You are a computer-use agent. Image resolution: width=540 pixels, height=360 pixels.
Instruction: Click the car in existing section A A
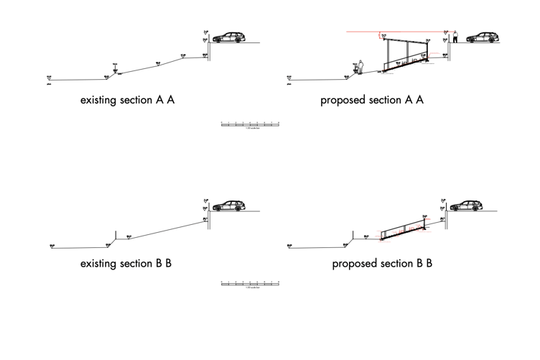[x=228, y=37]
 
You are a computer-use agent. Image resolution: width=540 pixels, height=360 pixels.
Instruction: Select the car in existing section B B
[x=228, y=206]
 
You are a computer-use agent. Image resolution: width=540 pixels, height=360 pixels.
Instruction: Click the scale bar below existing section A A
[x=250, y=124]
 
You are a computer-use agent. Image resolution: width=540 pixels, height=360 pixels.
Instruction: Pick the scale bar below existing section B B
[x=250, y=284]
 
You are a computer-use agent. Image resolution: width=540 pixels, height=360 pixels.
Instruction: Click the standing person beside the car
[x=455, y=36]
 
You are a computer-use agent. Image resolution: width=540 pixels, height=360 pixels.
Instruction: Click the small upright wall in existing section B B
[x=116, y=236]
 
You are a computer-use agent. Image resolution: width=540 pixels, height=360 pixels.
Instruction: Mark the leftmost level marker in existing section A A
[x=49, y=77]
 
